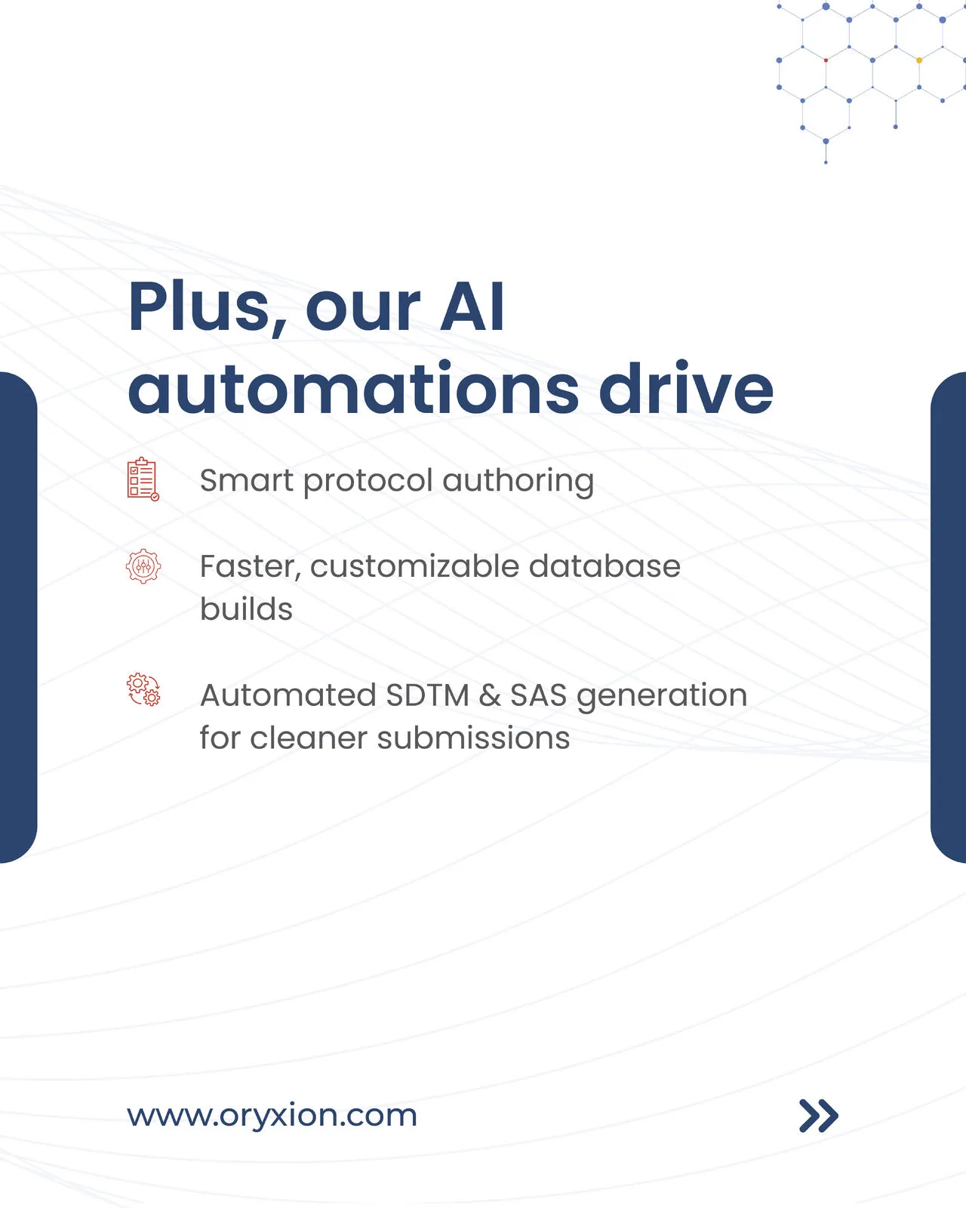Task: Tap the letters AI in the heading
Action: click(472, 306)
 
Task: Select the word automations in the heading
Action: click(354, 387)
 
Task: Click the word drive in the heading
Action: click(687, 386)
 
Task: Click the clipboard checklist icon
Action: click(143, 479)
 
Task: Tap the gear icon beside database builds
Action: click(143, 565)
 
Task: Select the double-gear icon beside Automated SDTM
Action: click(143, 689)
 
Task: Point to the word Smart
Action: click(247, 480)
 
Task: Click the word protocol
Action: click(368, 482)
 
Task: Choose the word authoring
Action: click(518, 482)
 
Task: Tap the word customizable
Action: click(414, 565)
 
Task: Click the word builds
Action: click(247, 609)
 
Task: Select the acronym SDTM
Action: click(428, 695)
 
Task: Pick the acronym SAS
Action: click(538, 695)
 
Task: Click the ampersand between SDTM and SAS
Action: click(490, 695)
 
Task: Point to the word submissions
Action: click(473, 738)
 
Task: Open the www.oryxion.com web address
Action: click(272, 1115)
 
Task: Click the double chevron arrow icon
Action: click(818, 1115)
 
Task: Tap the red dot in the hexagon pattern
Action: click(826, 60)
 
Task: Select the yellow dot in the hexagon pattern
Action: click(919, 60)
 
